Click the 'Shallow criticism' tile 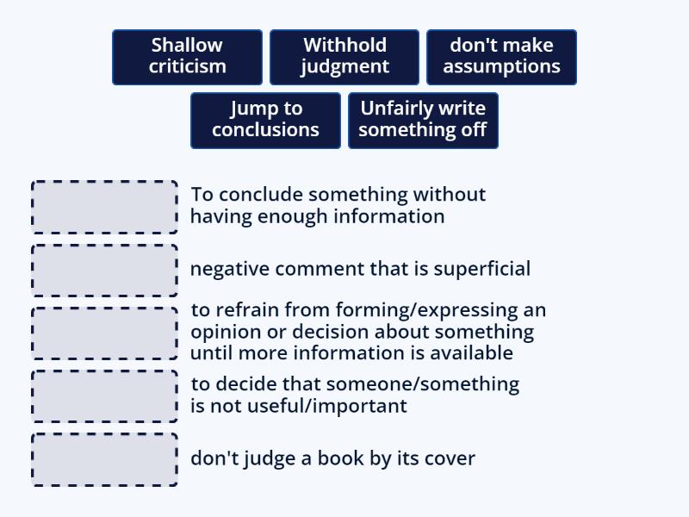187,57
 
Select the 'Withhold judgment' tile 344,57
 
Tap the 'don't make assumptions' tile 501,57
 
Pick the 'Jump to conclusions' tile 266,121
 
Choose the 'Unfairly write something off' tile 423,121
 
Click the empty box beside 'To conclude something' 104,207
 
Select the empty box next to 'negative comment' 104,271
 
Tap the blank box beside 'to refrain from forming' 104,333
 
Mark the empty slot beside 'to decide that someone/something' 104,396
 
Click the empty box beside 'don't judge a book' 104,460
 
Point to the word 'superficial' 482,269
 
